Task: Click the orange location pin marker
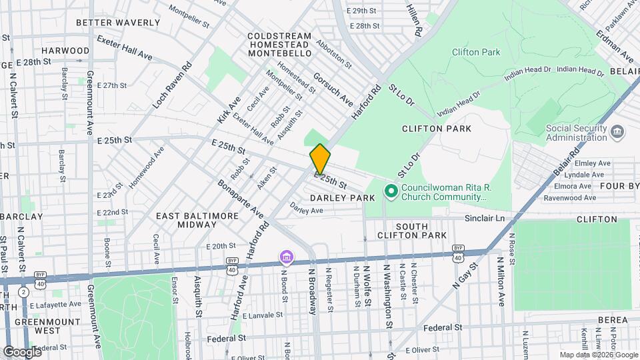coord(320,159)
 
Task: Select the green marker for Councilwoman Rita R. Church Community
coord(390,193)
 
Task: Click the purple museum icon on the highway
coord(286,257)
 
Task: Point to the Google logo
coord(21,351)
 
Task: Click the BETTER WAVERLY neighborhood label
coord(118,23)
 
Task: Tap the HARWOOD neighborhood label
coord(65,51)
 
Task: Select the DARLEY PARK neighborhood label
coord(343,199)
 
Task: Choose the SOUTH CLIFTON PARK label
coord(411,231)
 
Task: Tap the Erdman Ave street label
coord(625,42)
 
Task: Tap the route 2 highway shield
coord(23,291)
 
